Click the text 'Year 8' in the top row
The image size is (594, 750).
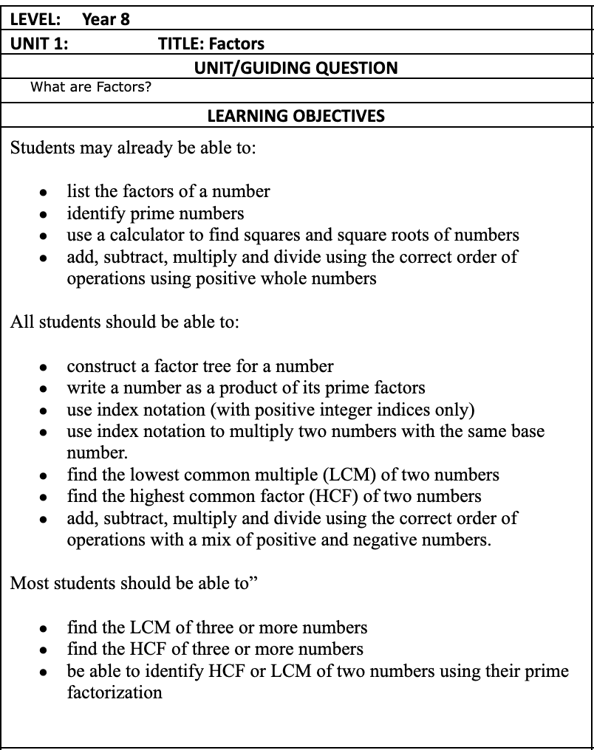[x=106, y=19]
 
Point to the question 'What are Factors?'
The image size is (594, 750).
[x=91, y=87]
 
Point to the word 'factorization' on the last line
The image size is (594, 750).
[x=115, y=692]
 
